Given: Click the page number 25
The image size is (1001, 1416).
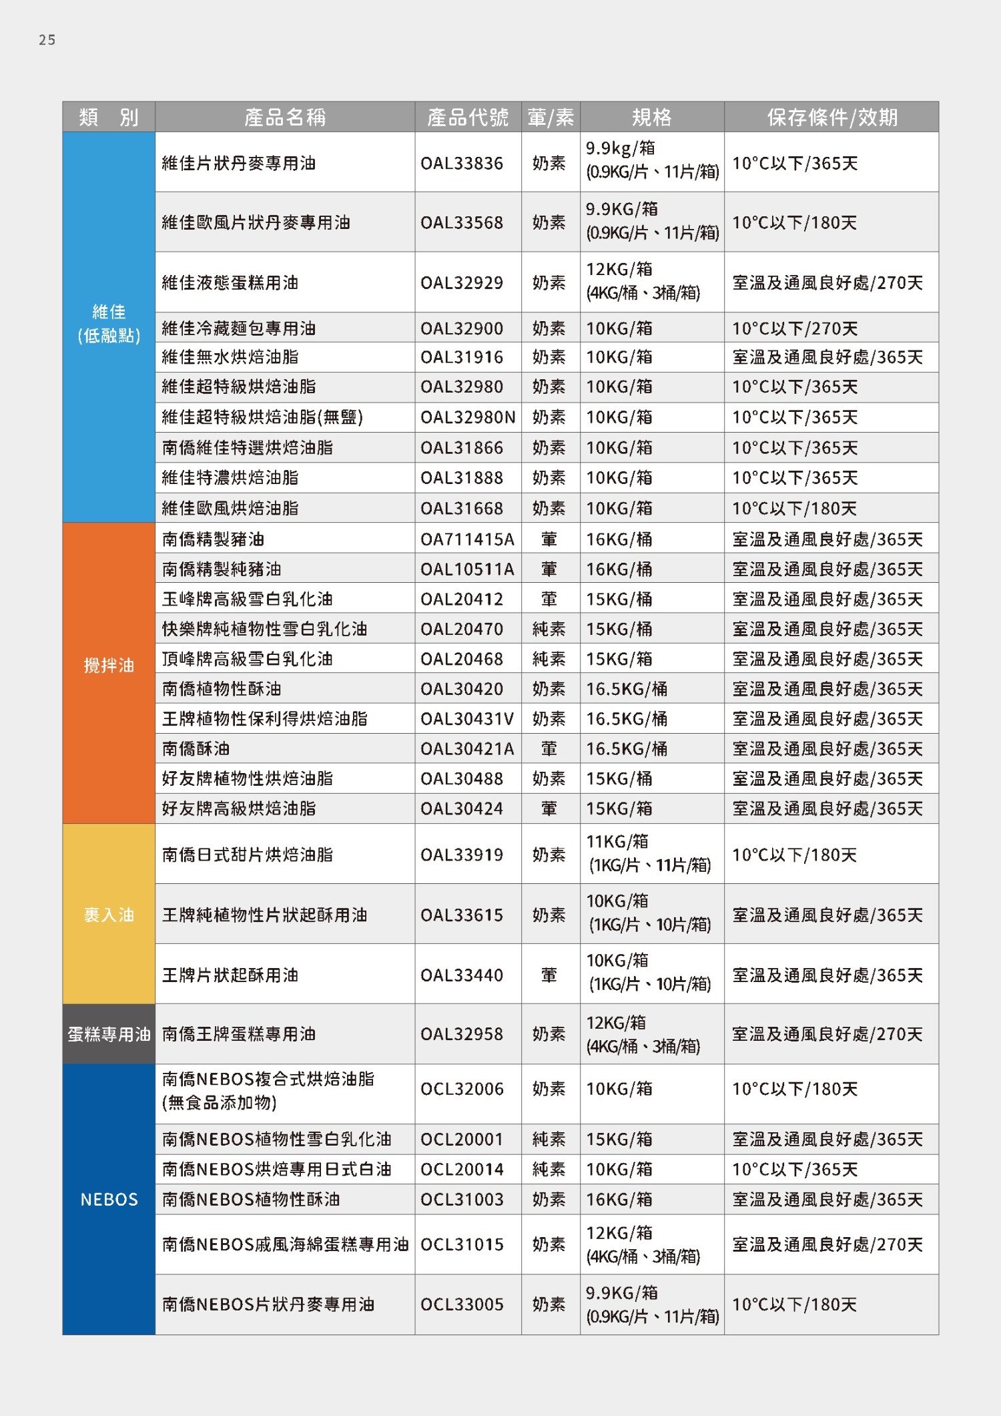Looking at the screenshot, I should pos(47,40).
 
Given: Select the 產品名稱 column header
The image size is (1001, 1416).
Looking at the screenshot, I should pos(285,117).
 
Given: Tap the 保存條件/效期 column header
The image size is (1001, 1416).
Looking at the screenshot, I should pos(831,117).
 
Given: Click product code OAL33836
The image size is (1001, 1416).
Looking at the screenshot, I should pos(461,164).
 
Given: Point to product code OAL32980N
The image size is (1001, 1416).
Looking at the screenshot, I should pos(467,417).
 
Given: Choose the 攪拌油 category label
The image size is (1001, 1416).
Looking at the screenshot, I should pos(109,665).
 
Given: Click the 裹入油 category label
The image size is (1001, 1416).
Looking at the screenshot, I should pos(109,915).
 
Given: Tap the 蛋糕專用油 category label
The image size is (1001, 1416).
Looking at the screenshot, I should pos(109,1034).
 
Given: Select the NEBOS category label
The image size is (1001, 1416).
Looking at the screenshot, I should pos(109,1200).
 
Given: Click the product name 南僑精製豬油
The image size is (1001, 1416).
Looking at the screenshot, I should pos(213,539).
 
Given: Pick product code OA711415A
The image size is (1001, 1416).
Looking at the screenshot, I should pos(467,539).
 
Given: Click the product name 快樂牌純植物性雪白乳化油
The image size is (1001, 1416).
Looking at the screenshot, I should pos(264,629).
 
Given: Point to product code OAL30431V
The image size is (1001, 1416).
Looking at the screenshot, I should pos(467,719).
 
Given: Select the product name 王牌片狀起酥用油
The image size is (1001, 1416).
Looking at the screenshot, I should pos(230,975).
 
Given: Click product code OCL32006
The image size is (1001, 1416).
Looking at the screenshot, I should pos(461,1089).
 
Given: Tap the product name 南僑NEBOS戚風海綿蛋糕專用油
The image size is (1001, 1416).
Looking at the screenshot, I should pos(285,1244).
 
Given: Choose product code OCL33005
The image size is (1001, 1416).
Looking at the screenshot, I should pos(461,1305).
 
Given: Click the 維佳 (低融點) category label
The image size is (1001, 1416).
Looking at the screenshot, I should pos(109,324).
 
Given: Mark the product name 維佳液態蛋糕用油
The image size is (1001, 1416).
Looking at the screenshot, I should pos(230,283).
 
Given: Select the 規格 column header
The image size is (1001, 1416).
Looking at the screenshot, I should pos(651,117).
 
